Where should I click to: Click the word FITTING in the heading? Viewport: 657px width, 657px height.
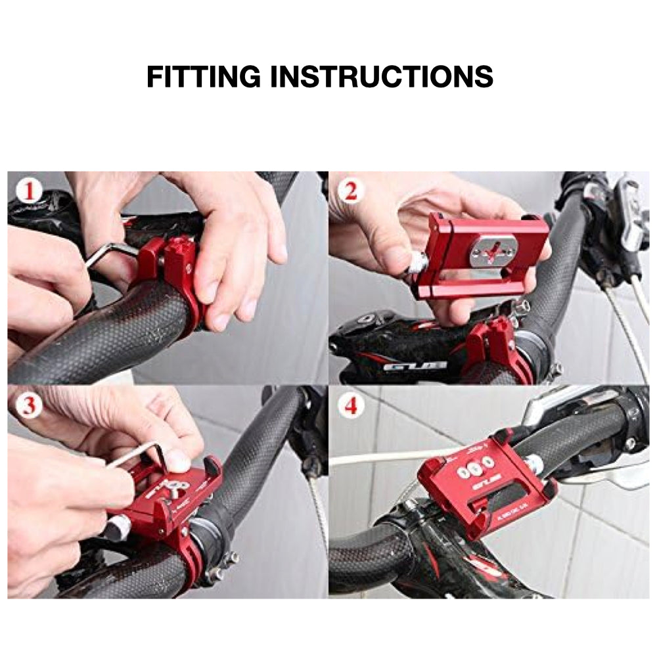(204, 77)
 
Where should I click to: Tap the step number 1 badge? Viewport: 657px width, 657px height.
(28, 192)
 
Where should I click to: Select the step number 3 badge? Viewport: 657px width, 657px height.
(28, 405)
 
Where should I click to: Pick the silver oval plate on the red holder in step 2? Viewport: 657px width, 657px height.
(493, 251)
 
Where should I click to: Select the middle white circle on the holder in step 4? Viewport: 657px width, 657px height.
(476, 468)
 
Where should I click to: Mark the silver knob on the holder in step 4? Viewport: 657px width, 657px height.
(535, 465)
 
